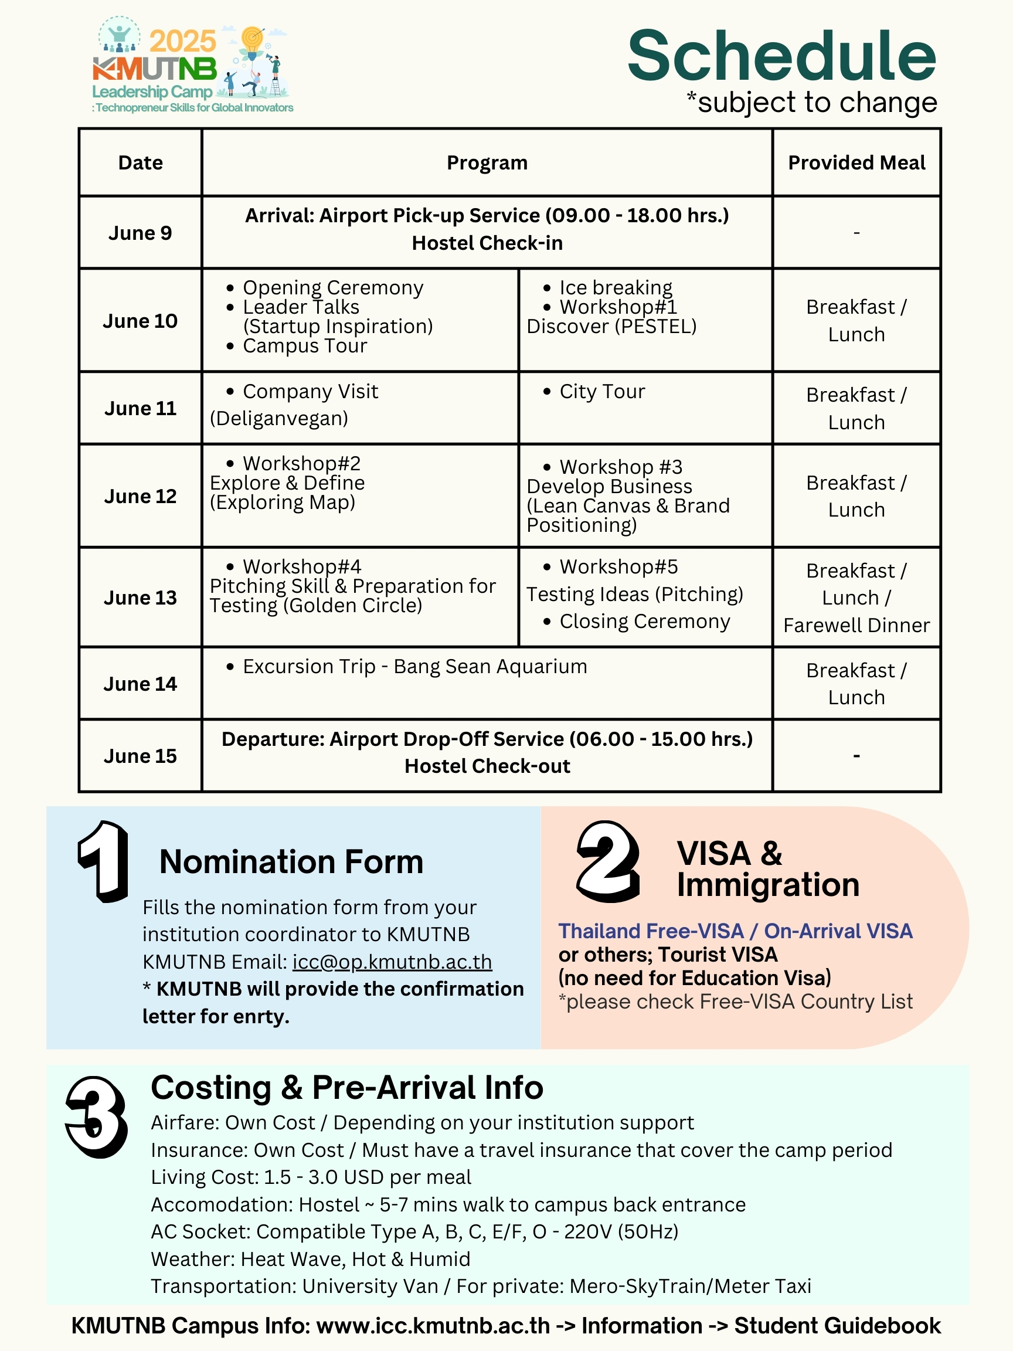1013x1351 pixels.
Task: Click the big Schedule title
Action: [781, 56]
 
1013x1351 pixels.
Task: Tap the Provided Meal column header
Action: [856, 163]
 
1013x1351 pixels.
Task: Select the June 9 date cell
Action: [140, 233]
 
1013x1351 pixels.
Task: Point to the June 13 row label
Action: [140, 598]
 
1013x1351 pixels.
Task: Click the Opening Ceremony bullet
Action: [333, 288]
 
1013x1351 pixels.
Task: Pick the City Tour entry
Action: [602, 392]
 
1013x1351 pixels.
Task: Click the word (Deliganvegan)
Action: [279, 418]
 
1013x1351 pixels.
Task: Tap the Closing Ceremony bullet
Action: [644, 622]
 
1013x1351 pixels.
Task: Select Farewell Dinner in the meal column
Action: [856, 626]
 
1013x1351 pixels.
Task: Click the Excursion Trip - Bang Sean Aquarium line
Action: [414, 666]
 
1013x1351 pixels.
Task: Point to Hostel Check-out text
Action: [487, 766]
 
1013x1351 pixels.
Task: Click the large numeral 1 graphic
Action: [104, 861]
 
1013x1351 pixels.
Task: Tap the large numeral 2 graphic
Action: [607, 861]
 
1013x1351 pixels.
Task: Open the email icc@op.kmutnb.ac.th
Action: [392, 962]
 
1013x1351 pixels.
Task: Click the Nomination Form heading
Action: [291, 862]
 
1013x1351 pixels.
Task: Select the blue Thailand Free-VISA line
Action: [735, 931]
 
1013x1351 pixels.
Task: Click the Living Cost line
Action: [311, 1177]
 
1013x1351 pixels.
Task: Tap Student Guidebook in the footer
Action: [837, 1326]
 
